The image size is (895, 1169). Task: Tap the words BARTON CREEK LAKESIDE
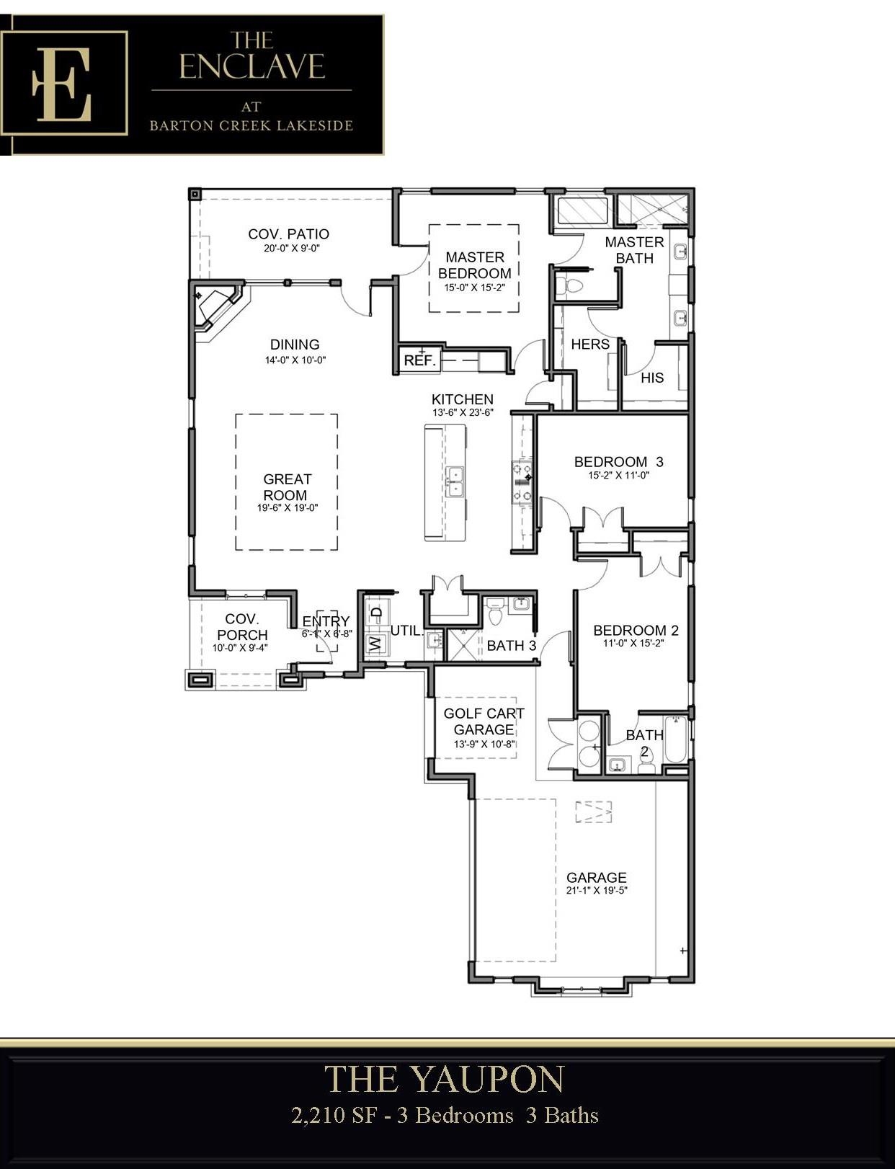pos(251,126)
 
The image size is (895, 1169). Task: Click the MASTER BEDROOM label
pos(474,265)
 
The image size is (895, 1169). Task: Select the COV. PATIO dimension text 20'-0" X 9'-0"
pos(292,249)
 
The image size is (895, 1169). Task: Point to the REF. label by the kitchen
pos(419,360)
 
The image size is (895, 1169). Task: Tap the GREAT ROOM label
pos(286,487)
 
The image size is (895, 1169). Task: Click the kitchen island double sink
pos(455,481)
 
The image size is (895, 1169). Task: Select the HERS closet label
pos(590,345)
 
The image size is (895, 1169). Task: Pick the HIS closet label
pos(652,378)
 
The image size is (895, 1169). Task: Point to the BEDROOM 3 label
pos(618,461)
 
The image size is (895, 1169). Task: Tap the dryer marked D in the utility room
pos(376,613)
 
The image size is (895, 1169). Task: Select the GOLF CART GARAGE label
pos(484,721)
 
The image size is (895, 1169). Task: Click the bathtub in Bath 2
pos(675,739)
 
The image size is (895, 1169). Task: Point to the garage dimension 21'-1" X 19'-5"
pos(597,890)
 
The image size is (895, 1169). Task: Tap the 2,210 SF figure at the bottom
pos(334,1115)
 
